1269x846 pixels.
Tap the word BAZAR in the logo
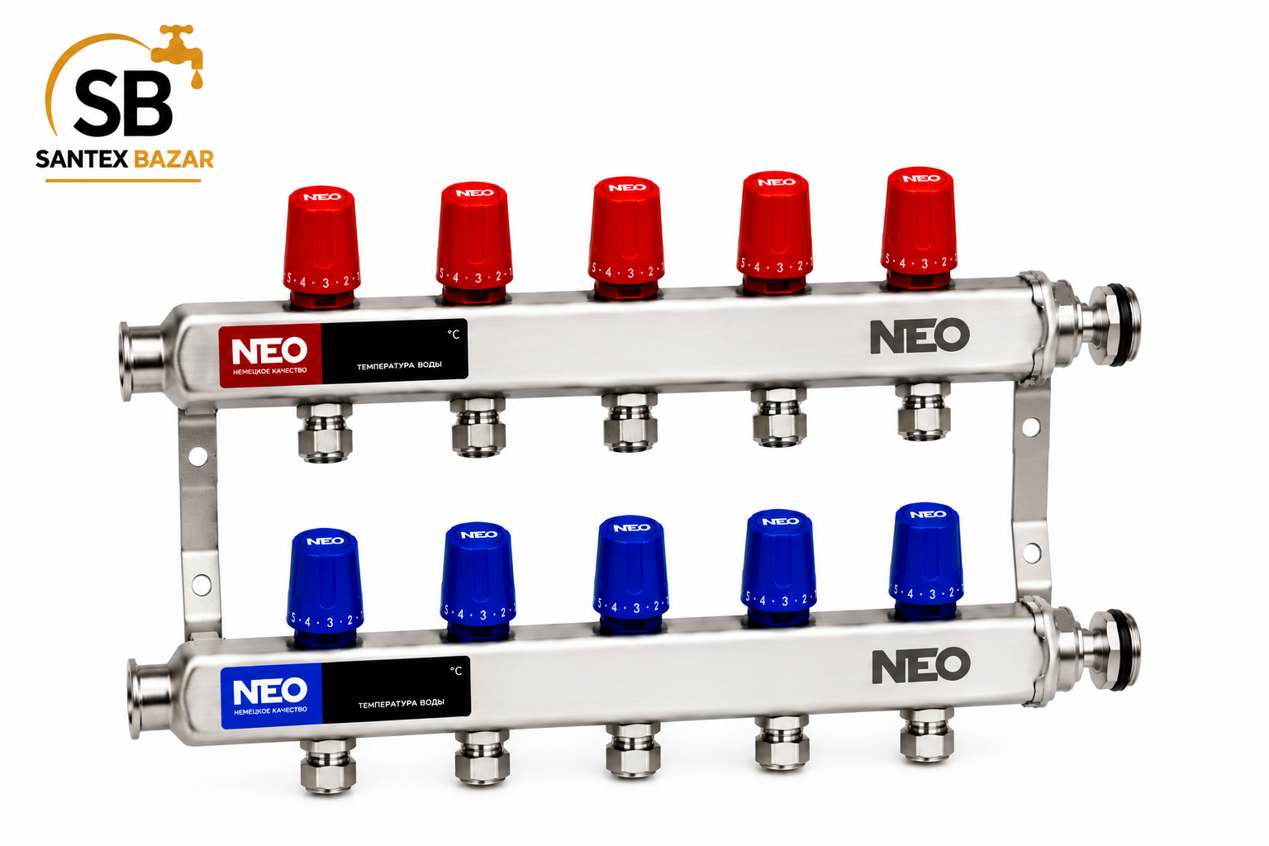pos(173,159)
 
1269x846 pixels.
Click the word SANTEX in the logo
pos(82,159)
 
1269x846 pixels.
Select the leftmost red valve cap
pos(321,246)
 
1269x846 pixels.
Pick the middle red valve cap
pos(626,237)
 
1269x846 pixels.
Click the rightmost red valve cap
pos(919,228)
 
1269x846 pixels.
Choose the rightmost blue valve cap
pos(926,560)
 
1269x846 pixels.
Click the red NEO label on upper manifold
pos(270,356)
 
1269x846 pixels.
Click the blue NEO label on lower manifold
pos(271,696)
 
